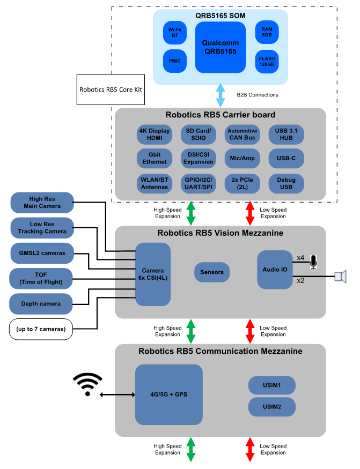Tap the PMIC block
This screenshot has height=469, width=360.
175,61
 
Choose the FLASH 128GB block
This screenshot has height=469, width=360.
267,61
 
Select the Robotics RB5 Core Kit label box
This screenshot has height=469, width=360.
111,90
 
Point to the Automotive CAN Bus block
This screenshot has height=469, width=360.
242,134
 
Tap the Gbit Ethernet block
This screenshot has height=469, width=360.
155,158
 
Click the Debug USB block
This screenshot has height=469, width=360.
286,183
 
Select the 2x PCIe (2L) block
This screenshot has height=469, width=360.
242,183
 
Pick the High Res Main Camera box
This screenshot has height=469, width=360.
42,203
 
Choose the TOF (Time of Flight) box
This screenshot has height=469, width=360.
41,278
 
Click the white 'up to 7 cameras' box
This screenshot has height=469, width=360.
41,329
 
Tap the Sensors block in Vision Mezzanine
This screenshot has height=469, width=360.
212,272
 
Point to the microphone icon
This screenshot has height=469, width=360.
313,261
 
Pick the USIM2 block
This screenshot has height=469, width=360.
272,407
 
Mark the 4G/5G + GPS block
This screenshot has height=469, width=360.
168,394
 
